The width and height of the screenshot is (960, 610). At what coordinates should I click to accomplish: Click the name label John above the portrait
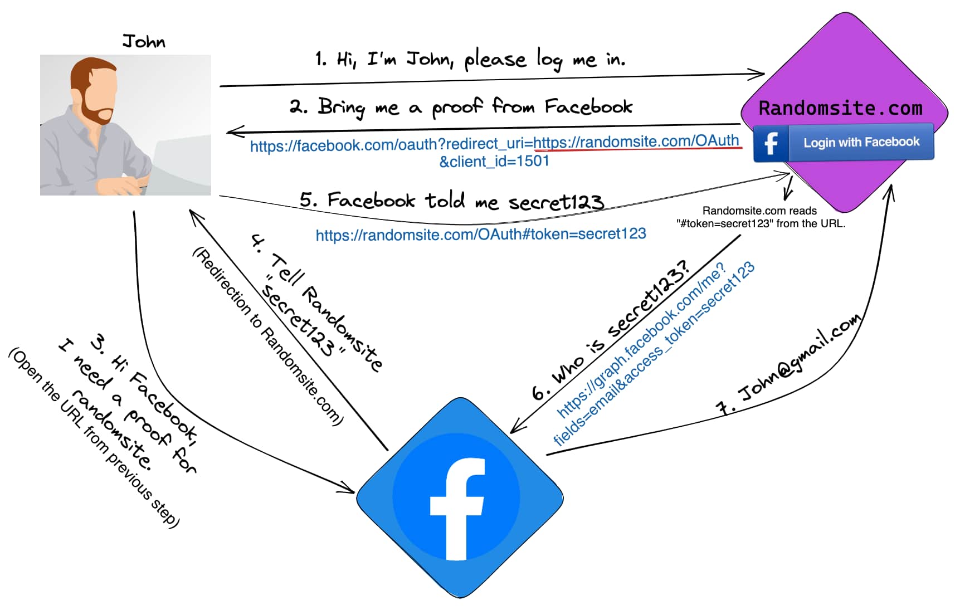(144, 42)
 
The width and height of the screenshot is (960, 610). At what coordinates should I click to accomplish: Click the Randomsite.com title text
(840, 108)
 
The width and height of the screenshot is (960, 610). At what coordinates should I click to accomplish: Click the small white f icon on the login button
(771, 143)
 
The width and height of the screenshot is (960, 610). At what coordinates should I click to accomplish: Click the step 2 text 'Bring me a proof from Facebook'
(461, 106)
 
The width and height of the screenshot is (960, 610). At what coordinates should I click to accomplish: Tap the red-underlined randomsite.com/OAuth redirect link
(636, 141)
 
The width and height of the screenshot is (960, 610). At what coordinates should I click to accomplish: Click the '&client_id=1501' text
(494, 162)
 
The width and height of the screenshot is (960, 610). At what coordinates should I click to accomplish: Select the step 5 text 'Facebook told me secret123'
(451, 201)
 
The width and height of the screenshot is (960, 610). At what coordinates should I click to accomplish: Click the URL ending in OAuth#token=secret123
(480, 234)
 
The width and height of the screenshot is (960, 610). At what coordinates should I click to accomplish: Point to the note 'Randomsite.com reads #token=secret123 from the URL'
(761, 217)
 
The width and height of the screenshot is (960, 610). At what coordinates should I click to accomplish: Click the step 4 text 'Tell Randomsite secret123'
(315, 304)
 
